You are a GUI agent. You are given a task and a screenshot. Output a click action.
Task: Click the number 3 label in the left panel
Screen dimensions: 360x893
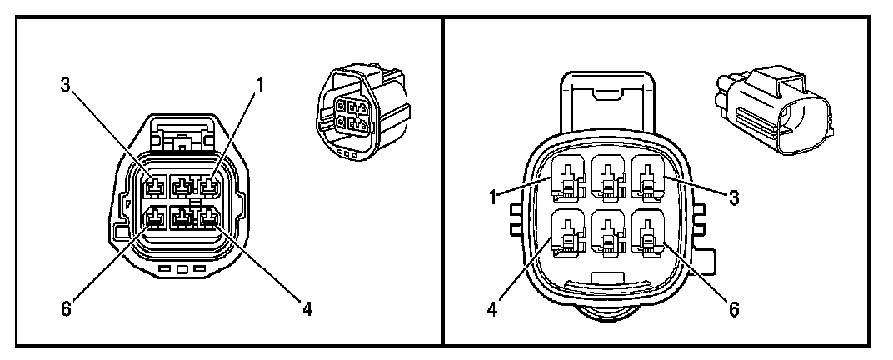tap(63, 84)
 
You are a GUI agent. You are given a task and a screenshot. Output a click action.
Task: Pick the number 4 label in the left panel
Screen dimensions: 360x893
tap(307, 309)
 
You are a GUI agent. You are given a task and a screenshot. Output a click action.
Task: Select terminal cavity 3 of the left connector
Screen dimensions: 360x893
tap(155, 184)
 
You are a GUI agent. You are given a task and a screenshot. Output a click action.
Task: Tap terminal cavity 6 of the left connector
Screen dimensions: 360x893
tap(155, 218)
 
